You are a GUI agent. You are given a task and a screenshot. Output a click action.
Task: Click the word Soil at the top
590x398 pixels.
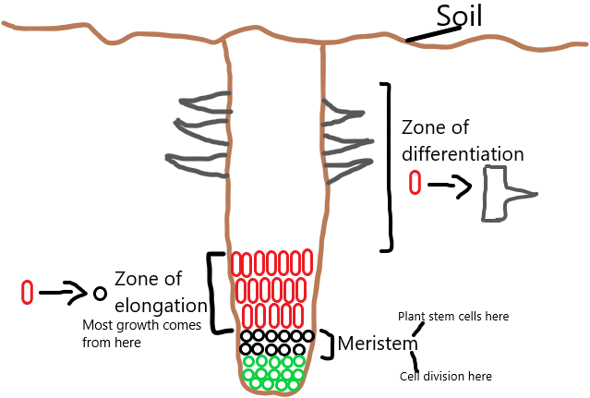(x=459, y=15)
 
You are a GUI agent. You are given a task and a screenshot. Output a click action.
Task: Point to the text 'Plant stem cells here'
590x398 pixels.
(x=452, y=317)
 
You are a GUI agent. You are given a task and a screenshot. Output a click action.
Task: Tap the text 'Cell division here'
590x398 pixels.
(x=445, y=376)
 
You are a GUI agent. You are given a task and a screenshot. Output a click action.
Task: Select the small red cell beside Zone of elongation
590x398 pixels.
(x=28, y=292)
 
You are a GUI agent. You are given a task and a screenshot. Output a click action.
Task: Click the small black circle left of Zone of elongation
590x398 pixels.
(x=100, y=293)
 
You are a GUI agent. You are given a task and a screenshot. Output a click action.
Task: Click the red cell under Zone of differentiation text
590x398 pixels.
(x=415, y=182)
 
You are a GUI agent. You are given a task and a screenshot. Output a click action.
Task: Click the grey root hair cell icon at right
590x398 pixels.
(x=502, y=193)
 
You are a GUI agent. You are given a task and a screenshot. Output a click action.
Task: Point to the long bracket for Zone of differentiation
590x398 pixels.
(x=388, y=166)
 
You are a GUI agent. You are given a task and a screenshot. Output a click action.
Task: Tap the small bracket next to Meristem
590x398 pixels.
(x=327, y=344)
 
